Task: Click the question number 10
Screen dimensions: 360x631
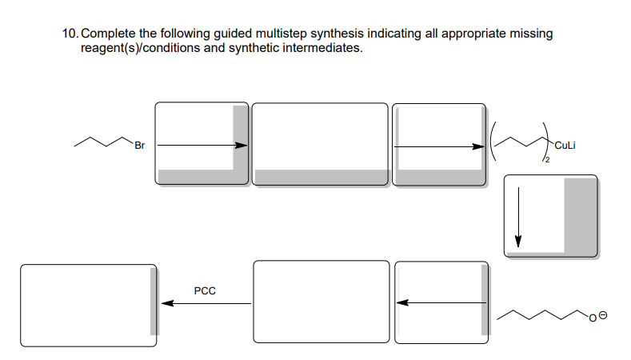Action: coord(69,34)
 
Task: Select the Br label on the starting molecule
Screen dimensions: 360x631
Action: coord(139,146)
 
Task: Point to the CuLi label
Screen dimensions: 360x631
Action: coord(565,146)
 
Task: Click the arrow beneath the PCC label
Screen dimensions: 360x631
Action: coord(206,303)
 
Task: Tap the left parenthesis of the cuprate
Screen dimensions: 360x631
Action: coord(496,144)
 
